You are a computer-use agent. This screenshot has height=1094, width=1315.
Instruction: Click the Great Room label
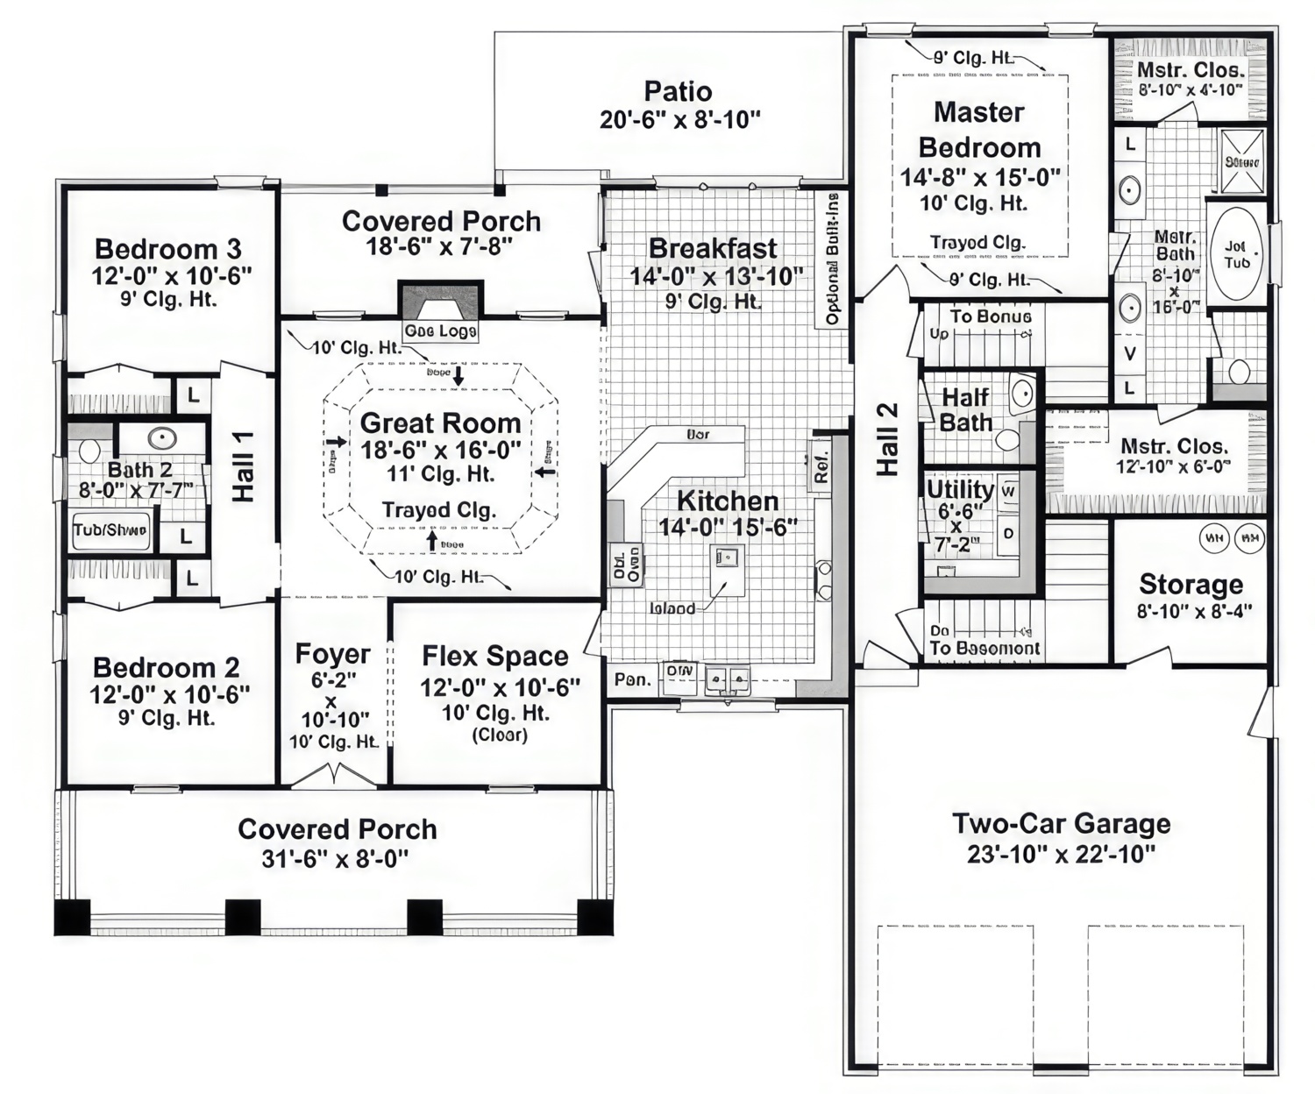440,423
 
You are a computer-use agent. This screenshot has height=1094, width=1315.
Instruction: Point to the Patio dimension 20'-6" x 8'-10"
679,120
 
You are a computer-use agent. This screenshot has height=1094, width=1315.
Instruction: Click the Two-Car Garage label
1061,824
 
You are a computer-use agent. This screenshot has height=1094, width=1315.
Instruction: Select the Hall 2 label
888,438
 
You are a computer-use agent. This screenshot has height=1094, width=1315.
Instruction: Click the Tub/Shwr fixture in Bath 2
110,530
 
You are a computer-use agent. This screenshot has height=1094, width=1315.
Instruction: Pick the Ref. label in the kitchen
821,466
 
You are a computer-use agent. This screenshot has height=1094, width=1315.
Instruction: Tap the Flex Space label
495,657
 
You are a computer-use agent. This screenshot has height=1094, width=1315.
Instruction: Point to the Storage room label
1191,585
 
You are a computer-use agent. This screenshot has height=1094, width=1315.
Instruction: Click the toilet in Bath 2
89,451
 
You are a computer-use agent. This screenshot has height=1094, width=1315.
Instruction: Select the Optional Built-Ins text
832,259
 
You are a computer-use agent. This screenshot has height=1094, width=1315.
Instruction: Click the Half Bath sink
1021,394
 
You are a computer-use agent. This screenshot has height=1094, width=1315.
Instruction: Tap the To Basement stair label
984,648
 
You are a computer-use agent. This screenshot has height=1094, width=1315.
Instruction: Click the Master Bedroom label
979,130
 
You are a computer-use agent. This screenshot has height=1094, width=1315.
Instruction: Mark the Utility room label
960,489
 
